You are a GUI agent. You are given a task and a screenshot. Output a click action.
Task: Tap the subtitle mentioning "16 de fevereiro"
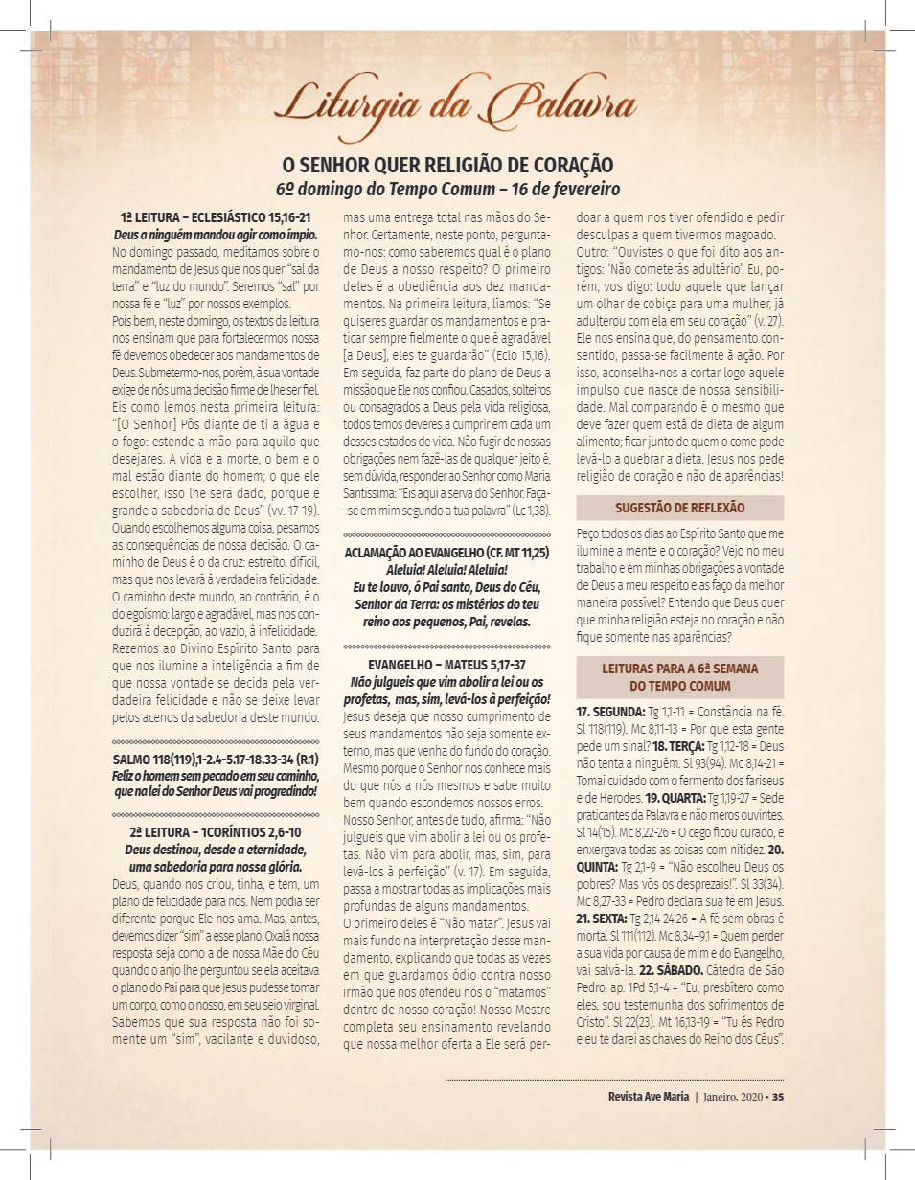pos(447,189)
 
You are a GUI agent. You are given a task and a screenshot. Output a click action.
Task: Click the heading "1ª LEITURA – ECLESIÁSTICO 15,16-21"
pos(216,218)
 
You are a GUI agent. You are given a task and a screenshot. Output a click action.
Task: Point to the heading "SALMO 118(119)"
pos(216,759)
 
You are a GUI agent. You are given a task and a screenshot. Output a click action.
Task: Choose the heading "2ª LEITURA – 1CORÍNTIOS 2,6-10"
pos(216,832)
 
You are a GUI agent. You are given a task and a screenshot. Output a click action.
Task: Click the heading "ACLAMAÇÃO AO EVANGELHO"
pos(446,553)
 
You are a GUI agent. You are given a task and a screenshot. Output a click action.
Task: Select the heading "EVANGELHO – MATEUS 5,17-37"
pos(446,664)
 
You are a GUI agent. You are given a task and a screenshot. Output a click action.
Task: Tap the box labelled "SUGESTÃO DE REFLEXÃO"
pos(679,508)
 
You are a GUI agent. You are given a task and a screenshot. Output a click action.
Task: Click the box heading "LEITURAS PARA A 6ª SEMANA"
pos(679,677)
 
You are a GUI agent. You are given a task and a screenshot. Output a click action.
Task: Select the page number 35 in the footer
pos(778,1097)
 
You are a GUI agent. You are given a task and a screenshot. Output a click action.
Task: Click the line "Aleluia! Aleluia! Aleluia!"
pos(446,570)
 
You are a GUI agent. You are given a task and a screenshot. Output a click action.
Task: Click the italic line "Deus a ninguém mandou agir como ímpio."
pos(216,235)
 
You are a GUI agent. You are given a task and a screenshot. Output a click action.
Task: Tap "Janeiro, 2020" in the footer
pos(734,1097)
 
